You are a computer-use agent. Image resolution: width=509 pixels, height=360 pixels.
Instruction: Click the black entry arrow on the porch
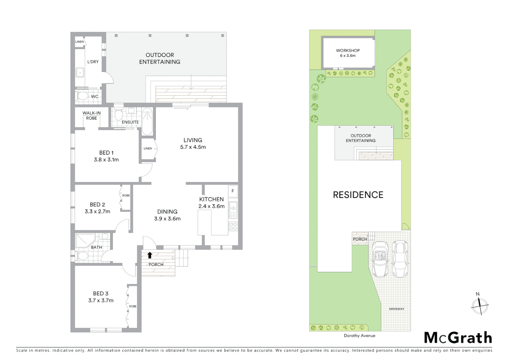coord(150,255)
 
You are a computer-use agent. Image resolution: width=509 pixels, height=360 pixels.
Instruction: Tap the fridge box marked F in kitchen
coord(233,191)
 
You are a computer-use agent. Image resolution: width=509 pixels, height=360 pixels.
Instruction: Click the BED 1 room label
coord(106,153)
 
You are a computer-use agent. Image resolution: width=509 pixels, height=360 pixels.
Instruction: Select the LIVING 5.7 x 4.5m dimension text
coord(193,147)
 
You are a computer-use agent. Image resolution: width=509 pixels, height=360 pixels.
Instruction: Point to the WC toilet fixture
coord(82,97)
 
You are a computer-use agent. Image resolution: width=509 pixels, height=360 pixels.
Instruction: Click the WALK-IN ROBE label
coord(92,116)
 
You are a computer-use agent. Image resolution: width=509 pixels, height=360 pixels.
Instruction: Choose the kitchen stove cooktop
coord(233,226)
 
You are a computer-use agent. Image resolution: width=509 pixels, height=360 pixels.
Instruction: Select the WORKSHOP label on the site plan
coord(348,51)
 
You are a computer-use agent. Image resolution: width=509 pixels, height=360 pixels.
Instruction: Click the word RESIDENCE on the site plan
coord(358,195)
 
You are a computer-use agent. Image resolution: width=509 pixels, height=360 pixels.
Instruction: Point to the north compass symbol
coord(480,305)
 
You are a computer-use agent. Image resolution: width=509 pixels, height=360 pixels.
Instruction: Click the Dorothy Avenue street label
coord(359,336)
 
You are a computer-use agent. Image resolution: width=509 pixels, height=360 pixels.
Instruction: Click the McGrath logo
coord(458,338)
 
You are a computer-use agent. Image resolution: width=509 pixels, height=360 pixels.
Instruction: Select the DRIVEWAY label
coord(396,309)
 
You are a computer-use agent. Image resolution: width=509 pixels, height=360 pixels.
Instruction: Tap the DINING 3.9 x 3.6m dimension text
coord(167,219)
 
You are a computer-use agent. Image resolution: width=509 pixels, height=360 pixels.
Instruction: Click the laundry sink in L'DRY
coord(80,72)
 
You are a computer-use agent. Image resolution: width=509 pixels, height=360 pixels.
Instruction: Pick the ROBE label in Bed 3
coord(133,306)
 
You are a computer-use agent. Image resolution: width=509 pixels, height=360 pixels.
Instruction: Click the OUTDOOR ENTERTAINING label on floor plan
coord(160,58)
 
